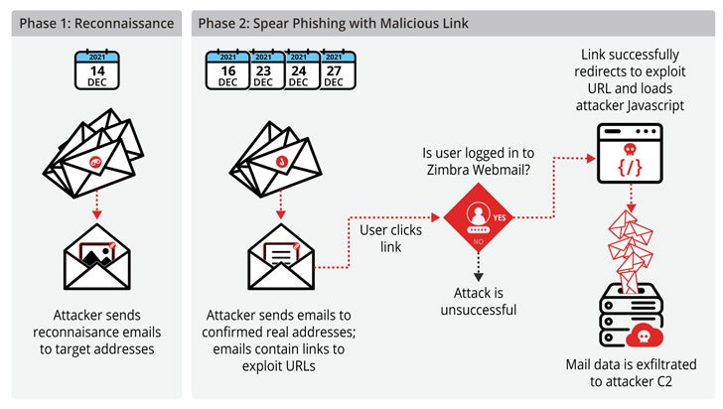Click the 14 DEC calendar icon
click(96, 72)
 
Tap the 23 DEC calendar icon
click(262, 72)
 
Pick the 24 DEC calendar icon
click(298, 72)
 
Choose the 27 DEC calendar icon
click(335, 72)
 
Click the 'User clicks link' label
click(391, 237)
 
